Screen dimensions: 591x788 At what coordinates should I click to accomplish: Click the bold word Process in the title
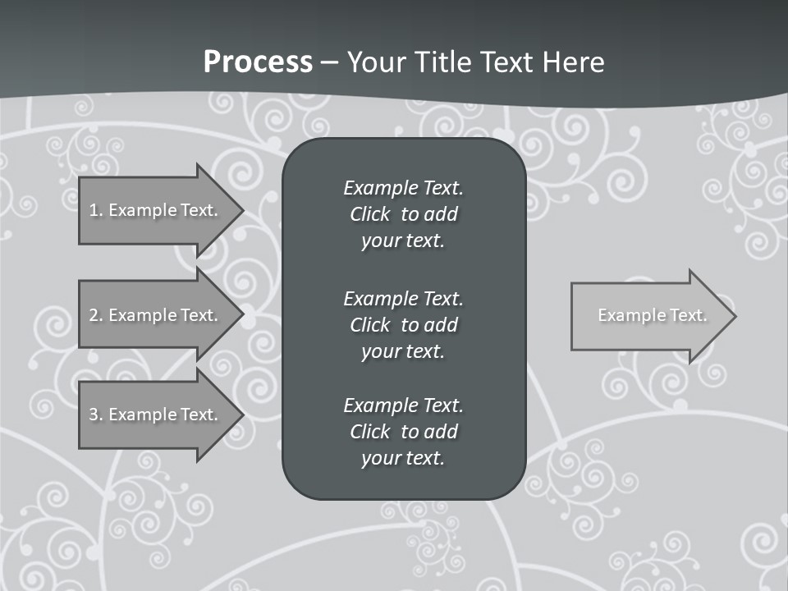pos(258,62)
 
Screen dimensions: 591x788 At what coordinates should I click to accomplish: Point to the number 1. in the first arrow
pos(95,210)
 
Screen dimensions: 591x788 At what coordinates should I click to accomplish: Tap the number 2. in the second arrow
pos(95,315)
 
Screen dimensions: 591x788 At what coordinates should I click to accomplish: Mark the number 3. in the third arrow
pos(95,415)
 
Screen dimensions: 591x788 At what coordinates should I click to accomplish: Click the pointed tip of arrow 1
pos(239,210)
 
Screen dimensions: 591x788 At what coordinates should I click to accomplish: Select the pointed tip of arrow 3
pos(239,415)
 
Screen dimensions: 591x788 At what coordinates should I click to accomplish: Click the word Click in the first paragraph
pos(370,215)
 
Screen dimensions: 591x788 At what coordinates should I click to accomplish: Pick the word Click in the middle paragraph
pos(370,325)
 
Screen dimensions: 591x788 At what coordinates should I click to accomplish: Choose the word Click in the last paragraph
pos(370,432)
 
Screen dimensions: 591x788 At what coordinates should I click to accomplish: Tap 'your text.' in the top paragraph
pos(403,241)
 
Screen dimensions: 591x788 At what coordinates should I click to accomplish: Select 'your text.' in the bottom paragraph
pos(403,459)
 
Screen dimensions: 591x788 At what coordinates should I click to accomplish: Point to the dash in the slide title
pos(330,62)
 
